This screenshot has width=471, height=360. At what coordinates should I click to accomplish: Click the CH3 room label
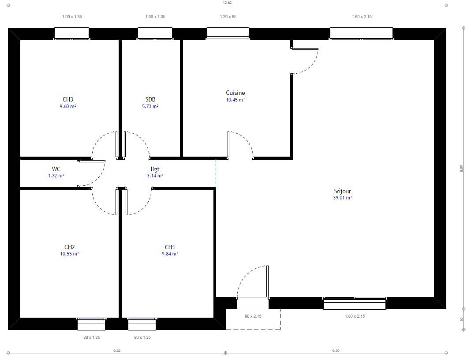click(67, 99)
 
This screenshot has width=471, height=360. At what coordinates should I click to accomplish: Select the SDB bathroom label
click(150, 99)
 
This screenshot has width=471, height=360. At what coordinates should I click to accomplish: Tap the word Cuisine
click(235, 93)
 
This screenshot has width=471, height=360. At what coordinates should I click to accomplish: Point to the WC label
click(56, 169)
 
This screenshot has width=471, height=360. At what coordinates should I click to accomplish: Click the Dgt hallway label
click(155, 169)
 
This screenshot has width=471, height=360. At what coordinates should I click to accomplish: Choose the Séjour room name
click(342, 191)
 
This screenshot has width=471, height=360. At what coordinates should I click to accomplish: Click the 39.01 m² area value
click(342, 198)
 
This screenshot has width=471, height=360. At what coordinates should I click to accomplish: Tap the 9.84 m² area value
click(169, 254)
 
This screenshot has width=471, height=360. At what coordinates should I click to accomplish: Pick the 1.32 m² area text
click(56, 176)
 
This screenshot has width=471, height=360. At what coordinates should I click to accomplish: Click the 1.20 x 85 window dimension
click(228, 17)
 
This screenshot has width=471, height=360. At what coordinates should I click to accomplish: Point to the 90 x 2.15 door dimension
click(253, 316)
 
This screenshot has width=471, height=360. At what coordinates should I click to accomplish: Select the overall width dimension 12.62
click(227, 3)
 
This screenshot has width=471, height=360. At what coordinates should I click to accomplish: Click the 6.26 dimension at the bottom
click(117, 350)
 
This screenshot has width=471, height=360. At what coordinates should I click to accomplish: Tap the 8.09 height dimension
click(462, 169)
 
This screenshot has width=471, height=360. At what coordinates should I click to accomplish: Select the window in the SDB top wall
click(155, 34)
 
